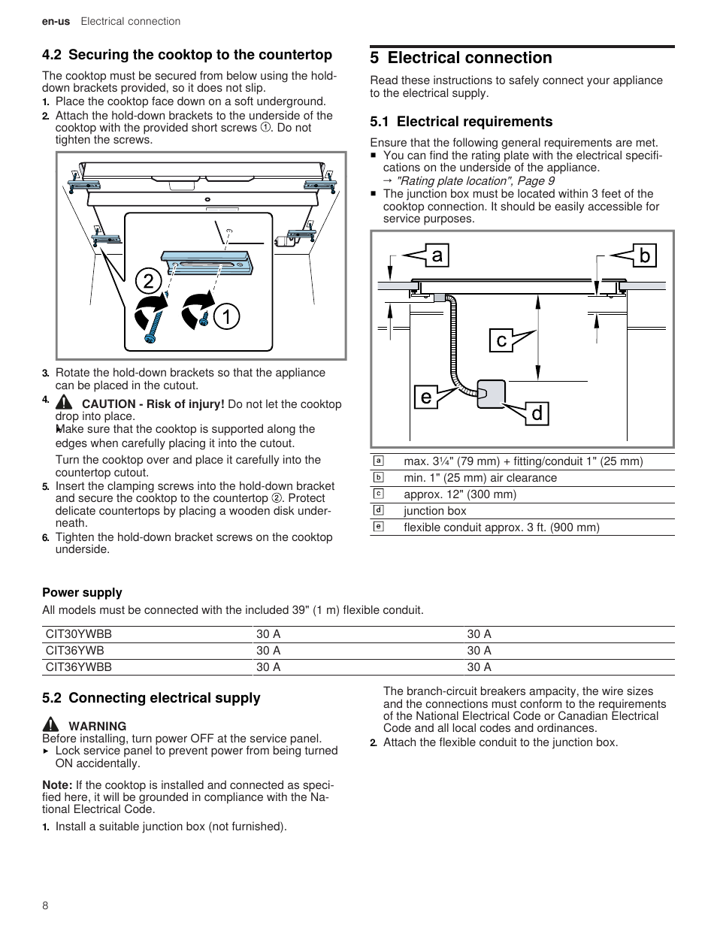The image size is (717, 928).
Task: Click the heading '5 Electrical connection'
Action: (461, 58)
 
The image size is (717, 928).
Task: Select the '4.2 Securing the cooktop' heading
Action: (187, 55)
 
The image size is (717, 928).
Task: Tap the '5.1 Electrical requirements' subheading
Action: (461, 122)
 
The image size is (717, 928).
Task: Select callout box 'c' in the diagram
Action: (501, 340)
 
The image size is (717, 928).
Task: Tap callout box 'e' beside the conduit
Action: (426, 396)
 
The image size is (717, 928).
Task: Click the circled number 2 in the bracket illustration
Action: (149, 282)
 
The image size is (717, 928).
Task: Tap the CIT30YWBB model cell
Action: (79, 634)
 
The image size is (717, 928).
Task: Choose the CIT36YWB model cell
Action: (75, 651)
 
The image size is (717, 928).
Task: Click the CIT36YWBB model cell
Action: (79, 667)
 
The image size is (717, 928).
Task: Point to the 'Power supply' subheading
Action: (82, 593)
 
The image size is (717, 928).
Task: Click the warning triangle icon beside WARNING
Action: (50, 725)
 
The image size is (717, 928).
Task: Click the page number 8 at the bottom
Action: (45, 905)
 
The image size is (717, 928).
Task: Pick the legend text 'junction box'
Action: (435, 511)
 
